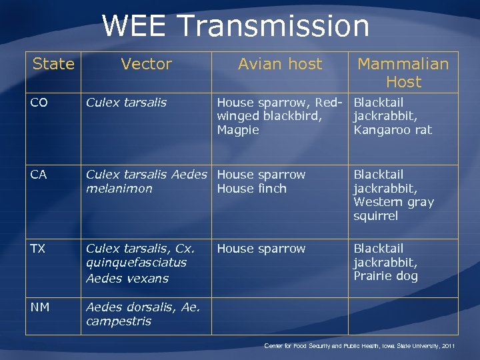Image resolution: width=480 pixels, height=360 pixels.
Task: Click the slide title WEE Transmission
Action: coord(235,26)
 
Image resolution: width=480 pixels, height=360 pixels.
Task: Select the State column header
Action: coord(53,64)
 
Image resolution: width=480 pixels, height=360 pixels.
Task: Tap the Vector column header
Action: coord(146,64)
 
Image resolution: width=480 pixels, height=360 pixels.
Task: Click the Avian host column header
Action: coord(279,64)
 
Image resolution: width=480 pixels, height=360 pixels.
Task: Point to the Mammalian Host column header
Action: coord(403,73)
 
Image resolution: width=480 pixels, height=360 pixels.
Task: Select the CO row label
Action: coord(39,103)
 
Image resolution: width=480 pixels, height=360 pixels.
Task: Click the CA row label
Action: coord(38,175)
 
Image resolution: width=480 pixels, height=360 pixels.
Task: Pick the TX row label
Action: coord(37,249)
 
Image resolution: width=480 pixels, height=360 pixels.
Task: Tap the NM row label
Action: coord(39,307)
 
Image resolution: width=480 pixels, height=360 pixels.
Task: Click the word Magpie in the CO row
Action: coord(238,130)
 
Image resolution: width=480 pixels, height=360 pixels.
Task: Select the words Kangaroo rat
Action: coord(393,130)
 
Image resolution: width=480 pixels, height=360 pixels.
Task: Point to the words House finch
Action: coord(251,189)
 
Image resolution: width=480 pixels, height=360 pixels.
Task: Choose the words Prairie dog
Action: coord(385,276)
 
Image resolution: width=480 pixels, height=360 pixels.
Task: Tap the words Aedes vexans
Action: coord(127,279)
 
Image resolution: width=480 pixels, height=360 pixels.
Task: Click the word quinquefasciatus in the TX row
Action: coord(136,263)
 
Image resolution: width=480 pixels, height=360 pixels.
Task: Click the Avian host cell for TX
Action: coord(261,249)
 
